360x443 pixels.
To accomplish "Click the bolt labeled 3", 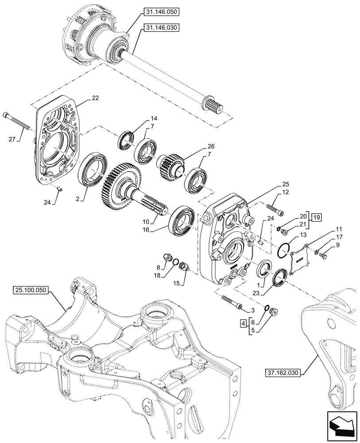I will pos(231,303).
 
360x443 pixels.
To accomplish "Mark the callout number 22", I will pos(95,98).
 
